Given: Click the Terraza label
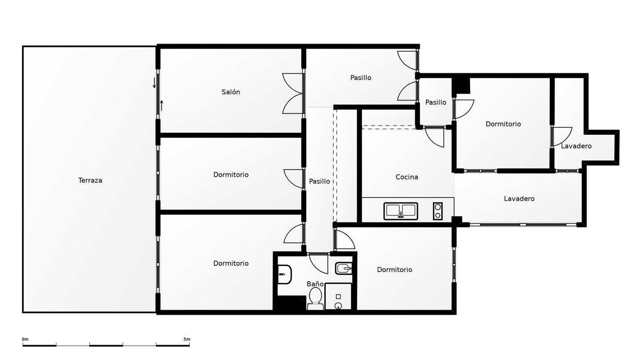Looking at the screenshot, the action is point(90,180).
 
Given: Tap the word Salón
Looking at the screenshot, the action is point(231,92).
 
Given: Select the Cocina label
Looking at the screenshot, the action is point(407,177).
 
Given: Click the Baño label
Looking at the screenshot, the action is point(315,284).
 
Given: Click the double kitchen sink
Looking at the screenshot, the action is point(400,211).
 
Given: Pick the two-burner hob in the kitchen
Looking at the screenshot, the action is point(437,211).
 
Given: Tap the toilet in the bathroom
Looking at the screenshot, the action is point(316,299).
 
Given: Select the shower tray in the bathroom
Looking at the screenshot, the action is point(338,296).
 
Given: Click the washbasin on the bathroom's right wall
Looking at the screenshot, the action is point(344,268).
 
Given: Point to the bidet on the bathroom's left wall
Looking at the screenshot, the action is point(284,274).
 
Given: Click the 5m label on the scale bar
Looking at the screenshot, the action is point(187,339).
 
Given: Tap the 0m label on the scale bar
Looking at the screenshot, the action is point(25,339).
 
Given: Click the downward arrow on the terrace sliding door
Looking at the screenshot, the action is point(154,83).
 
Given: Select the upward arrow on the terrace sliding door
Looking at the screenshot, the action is point(162,105).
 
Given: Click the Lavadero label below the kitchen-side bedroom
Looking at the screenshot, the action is point(519,199).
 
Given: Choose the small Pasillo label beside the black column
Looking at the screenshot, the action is point(436,102).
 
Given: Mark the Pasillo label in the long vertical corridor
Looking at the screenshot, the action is point(319,181).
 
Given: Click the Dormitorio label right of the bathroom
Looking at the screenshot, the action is point(394,269).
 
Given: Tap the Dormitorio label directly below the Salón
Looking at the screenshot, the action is point(231,174).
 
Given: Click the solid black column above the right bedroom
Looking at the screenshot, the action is point(460,86).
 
